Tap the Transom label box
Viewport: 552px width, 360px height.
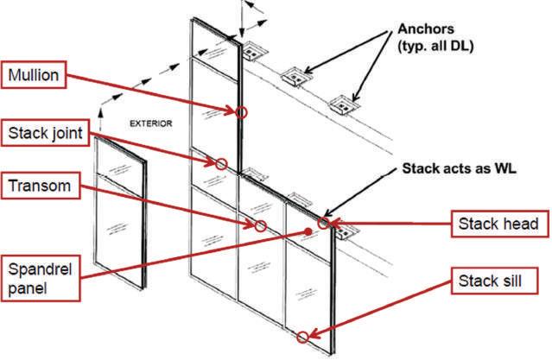click(40, 186)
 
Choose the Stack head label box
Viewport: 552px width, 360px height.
click(498, 224)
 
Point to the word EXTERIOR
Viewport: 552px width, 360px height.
click(150, 123)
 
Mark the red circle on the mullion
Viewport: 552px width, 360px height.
click(241, 112)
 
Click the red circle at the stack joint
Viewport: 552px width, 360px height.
click(221, 164)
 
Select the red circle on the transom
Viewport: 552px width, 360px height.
click(260, 225)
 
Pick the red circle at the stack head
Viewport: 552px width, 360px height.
click(323, 224)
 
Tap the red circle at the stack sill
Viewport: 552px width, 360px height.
click(303, 336)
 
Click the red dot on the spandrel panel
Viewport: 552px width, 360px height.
click(308, 231)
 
